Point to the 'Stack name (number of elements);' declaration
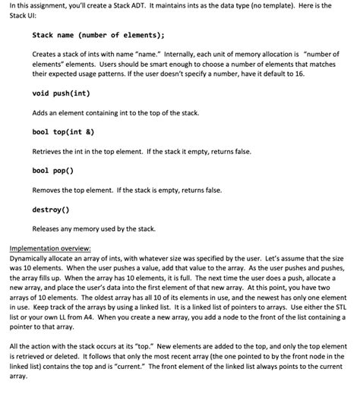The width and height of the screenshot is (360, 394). point(98,35)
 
